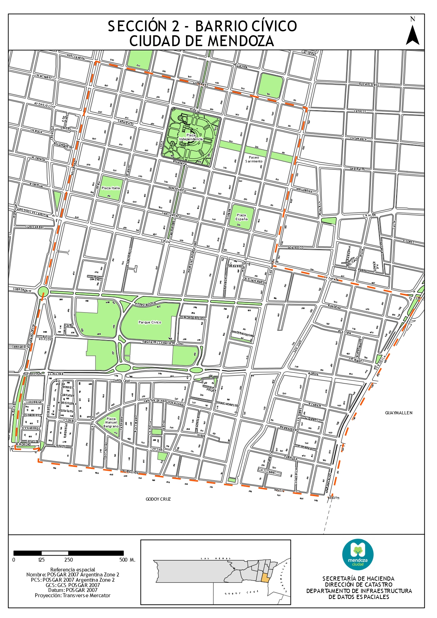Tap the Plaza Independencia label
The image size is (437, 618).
191,137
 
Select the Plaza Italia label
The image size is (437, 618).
111,188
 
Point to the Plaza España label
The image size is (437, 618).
242,217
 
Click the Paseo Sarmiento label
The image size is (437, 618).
254,159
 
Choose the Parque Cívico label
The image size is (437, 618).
150,322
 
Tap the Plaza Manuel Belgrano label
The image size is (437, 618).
111,422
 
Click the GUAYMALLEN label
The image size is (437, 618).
399,413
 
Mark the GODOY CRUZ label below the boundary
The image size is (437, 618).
158,499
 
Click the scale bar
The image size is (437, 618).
69,553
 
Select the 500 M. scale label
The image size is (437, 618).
127,560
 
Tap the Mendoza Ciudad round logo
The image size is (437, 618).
358,555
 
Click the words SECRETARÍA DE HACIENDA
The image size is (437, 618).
358,579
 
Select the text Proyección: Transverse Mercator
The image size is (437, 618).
73,595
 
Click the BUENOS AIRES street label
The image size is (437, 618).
369,85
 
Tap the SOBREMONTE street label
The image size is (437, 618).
22,291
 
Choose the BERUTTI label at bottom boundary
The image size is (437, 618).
333,498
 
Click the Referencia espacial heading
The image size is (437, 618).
73,569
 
